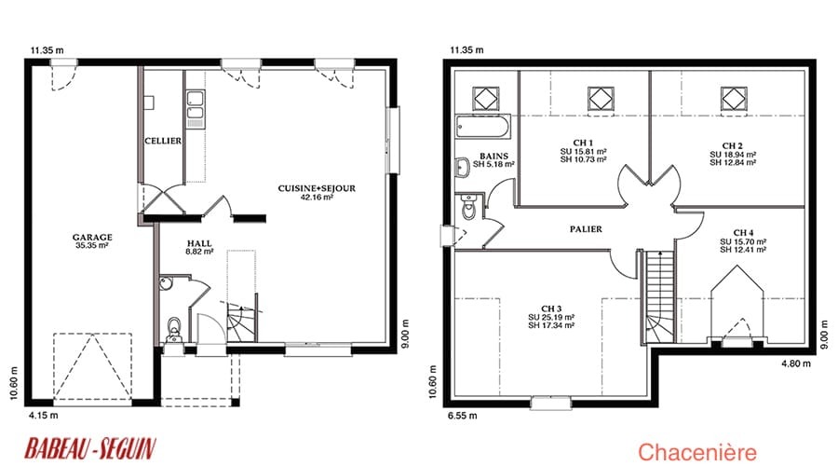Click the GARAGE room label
(92, 237)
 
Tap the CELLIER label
(163, 141)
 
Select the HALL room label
(199, 243)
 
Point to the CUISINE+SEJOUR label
(317, 188)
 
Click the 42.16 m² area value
(317, 197)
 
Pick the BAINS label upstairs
(493, 157)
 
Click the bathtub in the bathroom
(483, 127)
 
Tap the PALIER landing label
(586, 229)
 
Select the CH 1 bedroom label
(583, 143)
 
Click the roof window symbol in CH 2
(734, 99)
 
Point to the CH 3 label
(551, 308)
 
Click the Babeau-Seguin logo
(90, 448)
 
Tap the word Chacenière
(697, 452)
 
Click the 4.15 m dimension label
(44, 415)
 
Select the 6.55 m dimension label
(463, 415)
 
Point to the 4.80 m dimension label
(796, 363)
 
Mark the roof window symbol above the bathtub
(486, 99)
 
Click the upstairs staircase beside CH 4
(659, 297)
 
